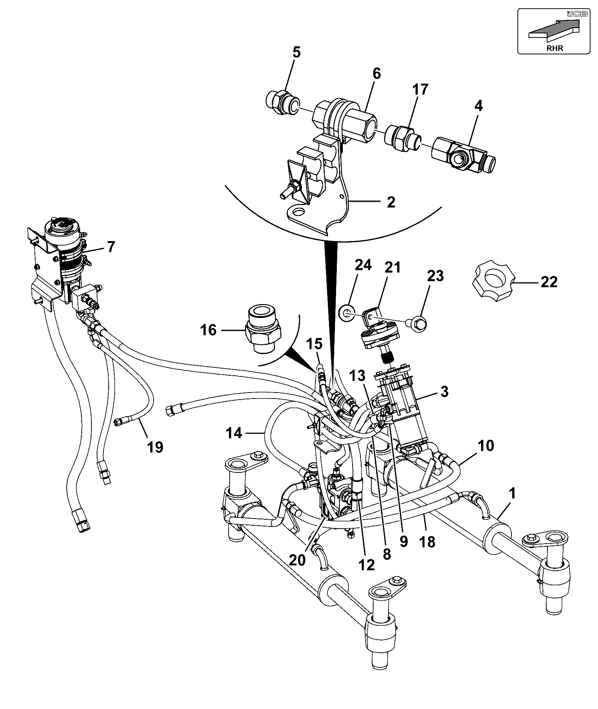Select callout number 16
point(209,330)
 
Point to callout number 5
point(296,52)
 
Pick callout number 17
point(420,90)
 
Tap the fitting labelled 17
point(403,138)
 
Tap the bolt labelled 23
point(419,322)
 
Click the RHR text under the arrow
point(555,48)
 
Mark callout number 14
point(235,433)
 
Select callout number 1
point(512,493)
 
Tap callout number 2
point(391,202)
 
